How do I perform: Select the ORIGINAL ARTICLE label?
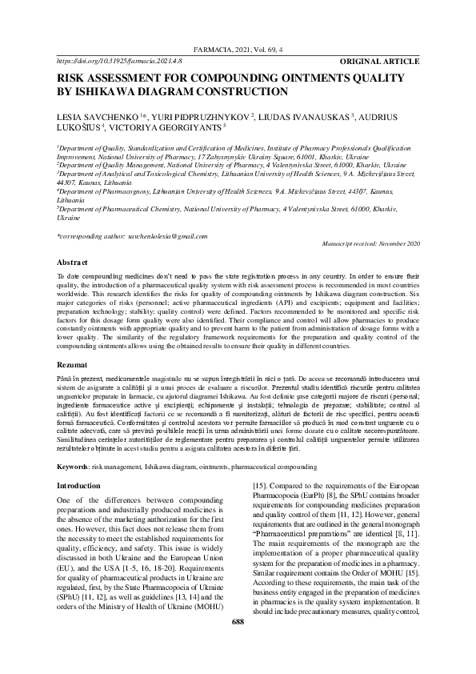coord(379,61)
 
